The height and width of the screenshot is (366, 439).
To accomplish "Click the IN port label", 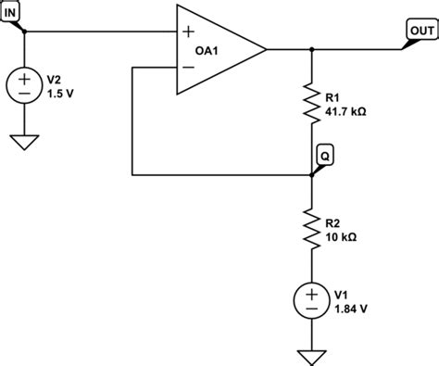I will click(x=10, y=11).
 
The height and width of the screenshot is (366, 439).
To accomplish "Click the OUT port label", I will click(x=420, y=30).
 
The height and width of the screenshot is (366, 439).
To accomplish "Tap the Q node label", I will click(x=324, y=155).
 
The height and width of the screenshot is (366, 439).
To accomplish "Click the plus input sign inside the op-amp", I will click(x=189, y=32).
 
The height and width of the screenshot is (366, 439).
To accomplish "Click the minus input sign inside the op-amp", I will click(x=189, y=67).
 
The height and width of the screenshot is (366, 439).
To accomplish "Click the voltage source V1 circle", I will click(x=311, y=298).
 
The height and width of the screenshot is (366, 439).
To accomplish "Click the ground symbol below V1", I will click(x=311, y=355).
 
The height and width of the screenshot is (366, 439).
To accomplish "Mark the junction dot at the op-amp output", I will click(x=311, y=49).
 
